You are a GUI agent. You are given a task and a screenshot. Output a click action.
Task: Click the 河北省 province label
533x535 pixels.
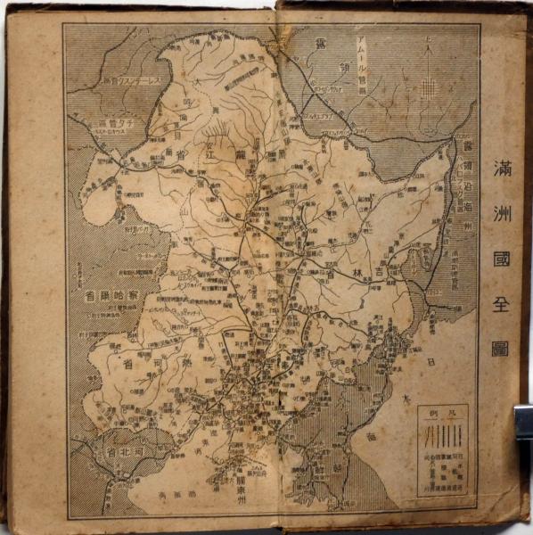click(x=119, y=452)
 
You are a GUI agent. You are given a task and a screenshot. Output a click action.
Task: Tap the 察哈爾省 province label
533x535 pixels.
click(x=112, y=295)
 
